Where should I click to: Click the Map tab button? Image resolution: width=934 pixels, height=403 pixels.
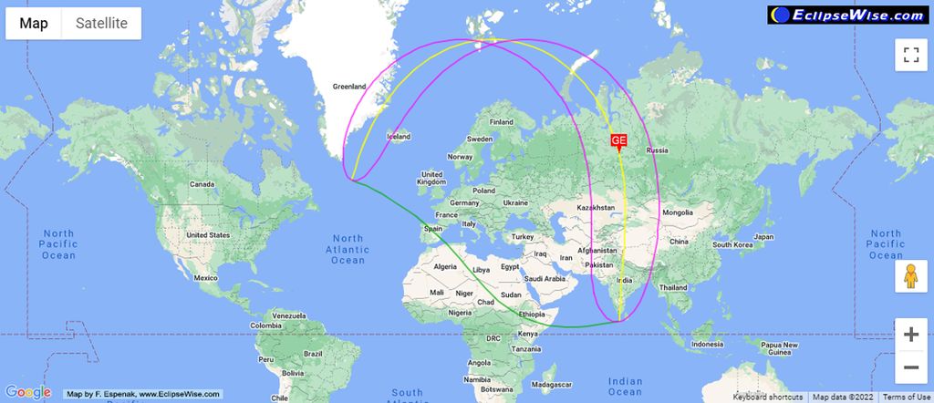coord(34,24)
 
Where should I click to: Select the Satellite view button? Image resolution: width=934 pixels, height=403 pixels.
coord(100,24)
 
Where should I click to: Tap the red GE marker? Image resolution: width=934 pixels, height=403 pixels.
coord(618,140)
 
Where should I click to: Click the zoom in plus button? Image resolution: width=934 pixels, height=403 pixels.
coord(910,335)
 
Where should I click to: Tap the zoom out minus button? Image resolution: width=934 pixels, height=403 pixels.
coord(910,367)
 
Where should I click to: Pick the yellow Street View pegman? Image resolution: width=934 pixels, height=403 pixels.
coord(910,276)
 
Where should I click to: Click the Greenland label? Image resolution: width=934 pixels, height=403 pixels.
coord(348,87)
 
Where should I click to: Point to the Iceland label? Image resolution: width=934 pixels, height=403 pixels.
coord(399,137)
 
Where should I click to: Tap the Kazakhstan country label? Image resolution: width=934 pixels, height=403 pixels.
coord(598,208)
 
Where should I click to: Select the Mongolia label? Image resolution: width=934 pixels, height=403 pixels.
coord(678,212)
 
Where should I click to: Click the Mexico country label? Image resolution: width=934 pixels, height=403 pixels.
coord(205,277)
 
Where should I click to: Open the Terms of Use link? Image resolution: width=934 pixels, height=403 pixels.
coord(907,397)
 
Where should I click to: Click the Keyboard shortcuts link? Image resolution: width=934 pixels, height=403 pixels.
coord(768,397)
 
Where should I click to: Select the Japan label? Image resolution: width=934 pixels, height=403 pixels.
coord(764,237)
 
